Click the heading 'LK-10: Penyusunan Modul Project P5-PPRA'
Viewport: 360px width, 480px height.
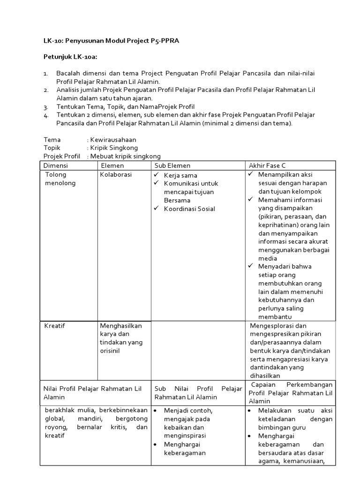click(111, 41)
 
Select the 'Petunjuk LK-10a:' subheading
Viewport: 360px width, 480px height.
click(73, 57)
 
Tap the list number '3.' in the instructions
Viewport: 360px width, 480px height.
click(46, 106)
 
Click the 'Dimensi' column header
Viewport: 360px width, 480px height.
click(56, 165)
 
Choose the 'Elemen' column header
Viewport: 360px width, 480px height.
click(112, 165)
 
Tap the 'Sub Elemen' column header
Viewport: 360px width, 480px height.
click(172, 165)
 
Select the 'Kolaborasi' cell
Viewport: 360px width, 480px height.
click(116, 174)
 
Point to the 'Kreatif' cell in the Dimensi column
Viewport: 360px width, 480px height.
click(54, 326)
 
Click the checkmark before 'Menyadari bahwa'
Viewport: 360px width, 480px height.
click(251, 266)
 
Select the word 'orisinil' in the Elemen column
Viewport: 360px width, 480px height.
click(110, 351)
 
